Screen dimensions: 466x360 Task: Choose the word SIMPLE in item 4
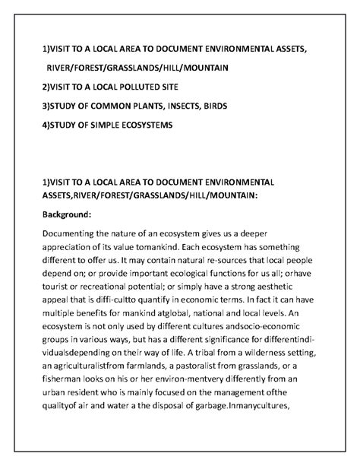[x=99, y=124]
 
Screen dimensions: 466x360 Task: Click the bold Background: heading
[x=67, y=215]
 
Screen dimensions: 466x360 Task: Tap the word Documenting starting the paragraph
[x=74, y=234]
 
